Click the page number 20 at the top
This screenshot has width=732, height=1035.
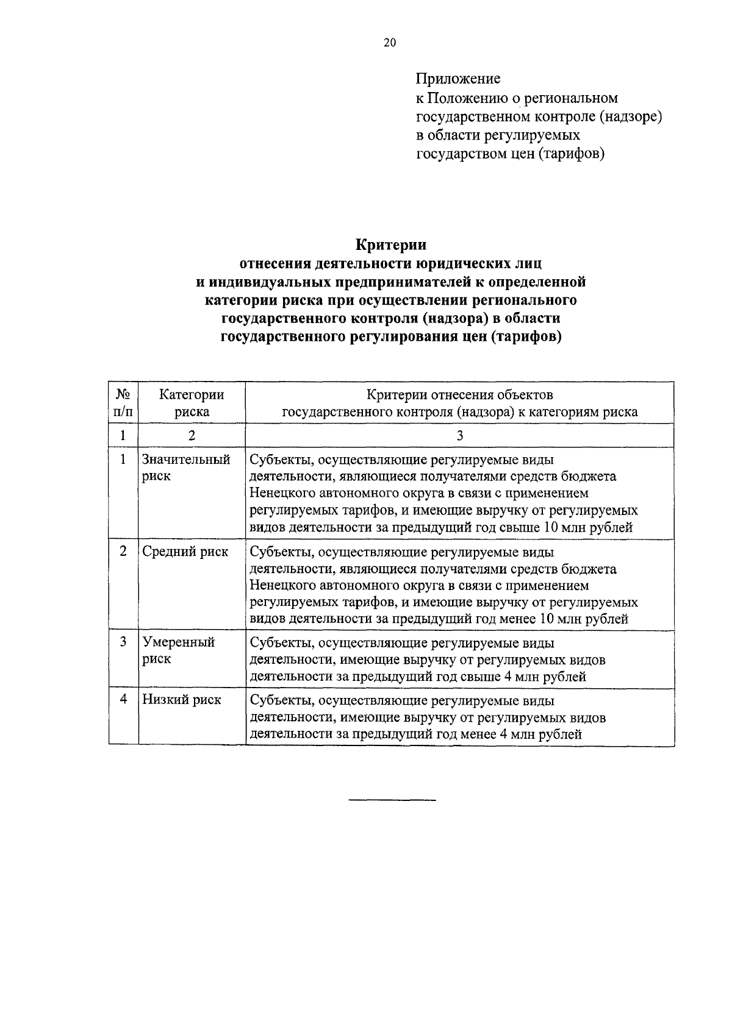(390, 42)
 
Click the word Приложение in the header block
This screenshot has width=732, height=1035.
(458, 79)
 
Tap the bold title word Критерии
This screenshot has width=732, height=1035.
(391, 245)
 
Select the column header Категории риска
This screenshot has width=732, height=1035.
(192, 403)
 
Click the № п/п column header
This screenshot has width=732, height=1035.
(123, 403)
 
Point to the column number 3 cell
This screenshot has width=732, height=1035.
(459, 435)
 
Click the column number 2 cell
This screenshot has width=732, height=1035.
(192, 435)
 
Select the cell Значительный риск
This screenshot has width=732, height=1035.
(186, 468)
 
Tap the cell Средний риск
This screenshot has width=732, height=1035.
(185, 552)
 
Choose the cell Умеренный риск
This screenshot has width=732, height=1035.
(178, 650)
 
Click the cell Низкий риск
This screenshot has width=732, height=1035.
(181, 700)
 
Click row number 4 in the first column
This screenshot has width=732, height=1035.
(123, 700)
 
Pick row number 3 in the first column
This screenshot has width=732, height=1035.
(123, 642)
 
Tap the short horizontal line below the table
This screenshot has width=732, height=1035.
(392, 799)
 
